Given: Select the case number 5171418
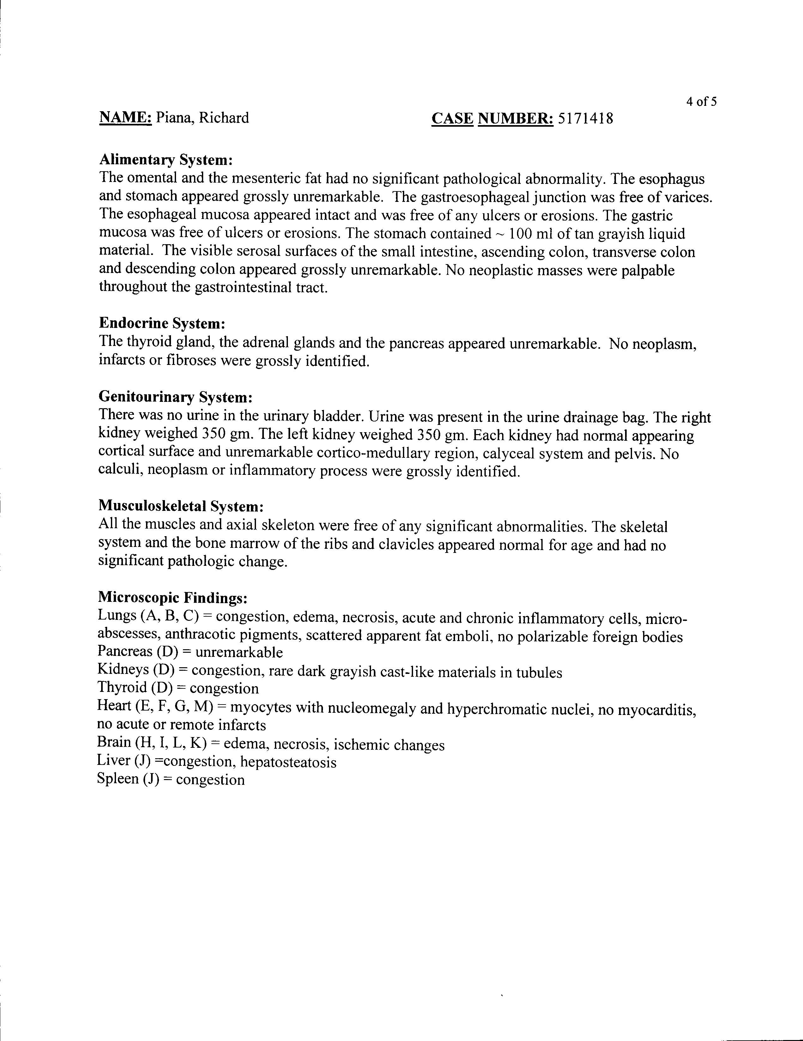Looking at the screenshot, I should (585, 118).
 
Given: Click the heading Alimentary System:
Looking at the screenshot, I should (166, 160).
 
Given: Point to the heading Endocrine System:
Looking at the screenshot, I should (162, 323).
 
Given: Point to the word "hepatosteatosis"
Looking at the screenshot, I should (288, 762).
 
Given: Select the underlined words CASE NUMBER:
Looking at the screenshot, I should (493, 118).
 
